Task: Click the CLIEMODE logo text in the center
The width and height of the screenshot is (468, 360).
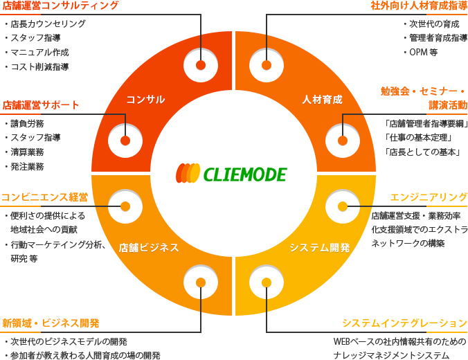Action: click(x=244, y=174)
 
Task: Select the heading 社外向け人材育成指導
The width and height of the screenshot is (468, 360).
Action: click(x=419, y=6)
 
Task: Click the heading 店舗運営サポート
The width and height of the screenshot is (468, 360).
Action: click(x=41, y=106)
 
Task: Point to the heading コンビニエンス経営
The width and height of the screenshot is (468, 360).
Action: click(x=44, y=197)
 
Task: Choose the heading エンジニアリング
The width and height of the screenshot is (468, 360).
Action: click(x=429, y=197)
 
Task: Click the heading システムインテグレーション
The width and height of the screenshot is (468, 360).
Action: click(x=405, y=323)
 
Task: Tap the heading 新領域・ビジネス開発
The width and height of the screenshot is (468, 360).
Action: click(x=51, y=323)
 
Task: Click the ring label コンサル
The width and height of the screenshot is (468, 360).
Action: click(x=145, y=100)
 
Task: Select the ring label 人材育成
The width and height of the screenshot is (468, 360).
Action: click(x=322, y=100)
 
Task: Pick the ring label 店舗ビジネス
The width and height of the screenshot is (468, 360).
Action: click(x=149, y=248)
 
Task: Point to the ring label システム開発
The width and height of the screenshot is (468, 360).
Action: click(x=319, y=248)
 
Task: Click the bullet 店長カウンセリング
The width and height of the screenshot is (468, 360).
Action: click(x=48, y=24)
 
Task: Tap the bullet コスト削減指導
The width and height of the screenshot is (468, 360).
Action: click(x=39, y=67)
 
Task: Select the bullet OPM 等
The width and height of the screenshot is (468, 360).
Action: click(x=423, y=53)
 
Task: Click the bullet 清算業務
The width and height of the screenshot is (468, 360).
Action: click(x=27, y=152)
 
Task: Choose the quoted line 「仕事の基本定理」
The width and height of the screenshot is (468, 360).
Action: click(x=419, y=138)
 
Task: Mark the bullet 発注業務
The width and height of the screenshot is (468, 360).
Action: click(x=27, y=167)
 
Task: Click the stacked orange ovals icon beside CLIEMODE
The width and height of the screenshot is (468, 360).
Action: click(x=188, y=173)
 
